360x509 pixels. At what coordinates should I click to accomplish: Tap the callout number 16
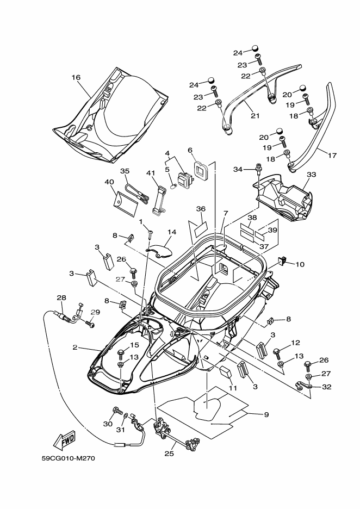(76, 78)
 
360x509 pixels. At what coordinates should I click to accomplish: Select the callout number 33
(311, 175)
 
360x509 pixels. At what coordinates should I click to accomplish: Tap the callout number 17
(332, 155)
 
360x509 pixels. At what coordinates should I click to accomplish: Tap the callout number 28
(61, 297)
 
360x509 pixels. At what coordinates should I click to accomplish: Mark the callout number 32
(326, 387)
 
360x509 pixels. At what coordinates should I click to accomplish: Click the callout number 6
(190, 150)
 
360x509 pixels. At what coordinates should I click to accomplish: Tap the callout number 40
(108, 183)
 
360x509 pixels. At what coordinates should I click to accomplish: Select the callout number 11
(233, 388)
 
